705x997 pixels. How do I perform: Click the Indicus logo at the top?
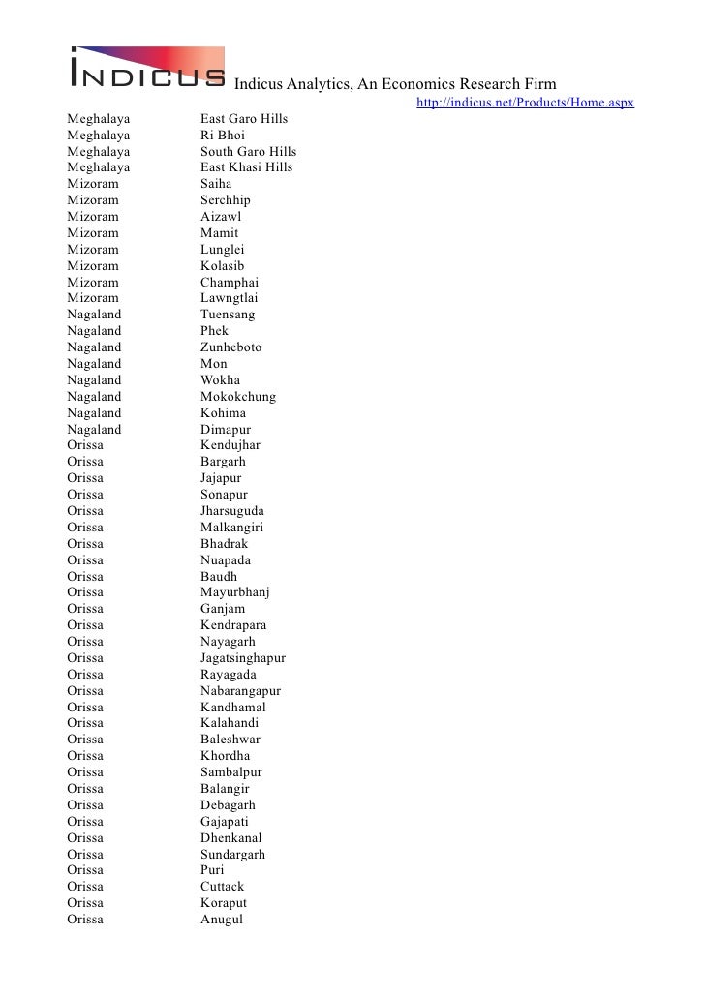point(146,69)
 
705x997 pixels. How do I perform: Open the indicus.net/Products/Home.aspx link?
point(525,103)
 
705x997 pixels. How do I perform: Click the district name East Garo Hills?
point(244,119)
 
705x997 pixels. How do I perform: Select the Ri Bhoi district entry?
point(223,136)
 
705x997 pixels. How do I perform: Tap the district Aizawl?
point(221,217)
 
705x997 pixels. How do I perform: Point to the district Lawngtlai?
point(230,298)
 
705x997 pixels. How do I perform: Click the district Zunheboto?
point(230,347)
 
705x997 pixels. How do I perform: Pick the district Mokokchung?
point(238,397)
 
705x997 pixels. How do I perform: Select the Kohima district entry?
point(224,413)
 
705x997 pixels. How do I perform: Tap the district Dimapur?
point(226,430)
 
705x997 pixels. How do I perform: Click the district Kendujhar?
point(230,445)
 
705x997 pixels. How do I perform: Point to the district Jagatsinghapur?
point(243,658)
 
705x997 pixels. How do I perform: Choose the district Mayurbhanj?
point(235,592)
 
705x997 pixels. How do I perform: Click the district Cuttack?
point(223,887)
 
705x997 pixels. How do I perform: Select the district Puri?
point(212,870)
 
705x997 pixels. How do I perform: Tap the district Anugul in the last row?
point(222,920)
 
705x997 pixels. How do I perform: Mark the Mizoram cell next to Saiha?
point(93,184)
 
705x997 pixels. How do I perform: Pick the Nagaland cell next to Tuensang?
point(95,315)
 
